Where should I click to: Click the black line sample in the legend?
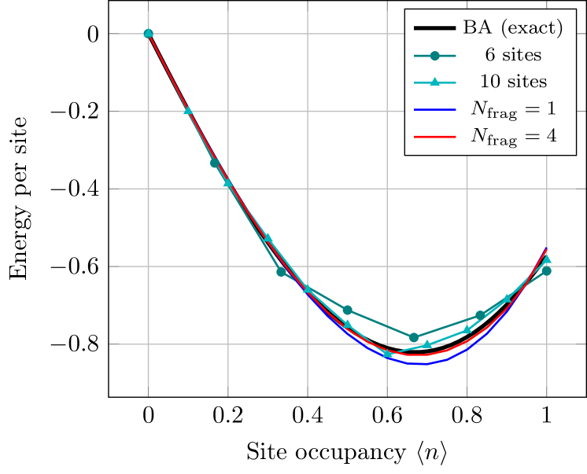(x=434, y=29)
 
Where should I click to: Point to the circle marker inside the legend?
(x=434, y=55)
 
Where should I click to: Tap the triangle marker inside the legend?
(x=434, y=82)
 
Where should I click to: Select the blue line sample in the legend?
(x=434, y=109)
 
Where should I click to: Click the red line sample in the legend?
(x=434, y=136)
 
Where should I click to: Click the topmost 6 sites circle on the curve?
(x=148, y=33)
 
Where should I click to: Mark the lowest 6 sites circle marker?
(x=414, y=337)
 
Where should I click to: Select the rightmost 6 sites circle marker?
(x=547, y=271)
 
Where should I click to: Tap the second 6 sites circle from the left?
(x=214, y=163)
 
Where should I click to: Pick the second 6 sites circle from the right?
(x=480, y=315)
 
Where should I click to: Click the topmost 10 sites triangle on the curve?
(x=188, y=110)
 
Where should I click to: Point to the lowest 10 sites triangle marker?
(x=387, y=354)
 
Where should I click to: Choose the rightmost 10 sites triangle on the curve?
(x=547, y=259)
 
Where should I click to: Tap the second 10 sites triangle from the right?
(x=507, y=299)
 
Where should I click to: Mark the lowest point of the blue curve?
(x=422, y=364)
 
